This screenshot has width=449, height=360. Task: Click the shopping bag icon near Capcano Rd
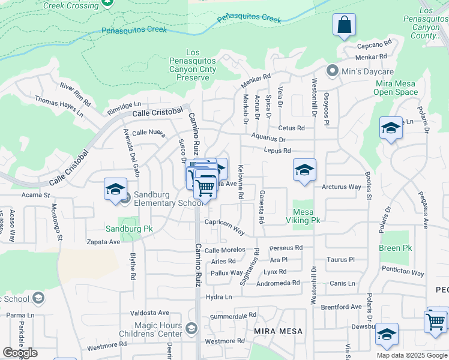345,25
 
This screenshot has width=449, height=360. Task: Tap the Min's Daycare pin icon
331,71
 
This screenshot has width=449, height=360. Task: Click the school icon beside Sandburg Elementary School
115,190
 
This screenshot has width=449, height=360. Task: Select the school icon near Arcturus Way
304,170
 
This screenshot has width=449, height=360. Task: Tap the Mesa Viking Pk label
306,216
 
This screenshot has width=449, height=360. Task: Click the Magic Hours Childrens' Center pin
191,328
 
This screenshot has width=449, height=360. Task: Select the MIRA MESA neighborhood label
277,331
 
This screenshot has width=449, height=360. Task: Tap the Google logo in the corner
20,353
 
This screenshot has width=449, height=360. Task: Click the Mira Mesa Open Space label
395,88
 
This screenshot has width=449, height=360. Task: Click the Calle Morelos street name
224,250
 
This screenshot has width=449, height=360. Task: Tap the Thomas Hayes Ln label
58,106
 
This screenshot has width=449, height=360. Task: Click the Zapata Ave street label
103,242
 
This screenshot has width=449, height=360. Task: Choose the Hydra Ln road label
218,297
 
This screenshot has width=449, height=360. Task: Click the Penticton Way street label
403,273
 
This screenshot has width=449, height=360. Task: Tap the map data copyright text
411,355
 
